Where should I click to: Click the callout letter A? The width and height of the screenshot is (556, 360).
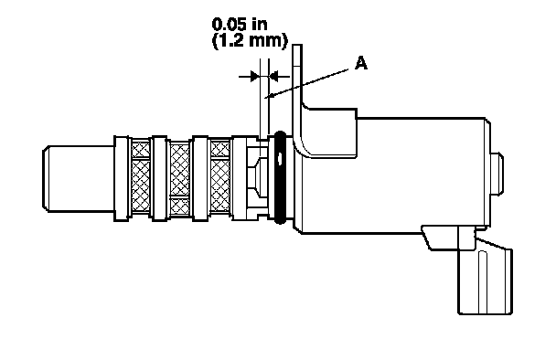click(361, 63)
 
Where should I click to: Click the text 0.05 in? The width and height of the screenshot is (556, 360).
click(240, 25)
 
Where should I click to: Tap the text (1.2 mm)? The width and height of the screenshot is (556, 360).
click(250, 41)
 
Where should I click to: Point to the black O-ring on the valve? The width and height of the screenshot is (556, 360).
click(280, 178)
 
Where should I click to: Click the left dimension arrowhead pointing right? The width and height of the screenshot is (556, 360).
click(254, 76)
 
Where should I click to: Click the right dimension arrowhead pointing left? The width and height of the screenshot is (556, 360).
click(274, 76)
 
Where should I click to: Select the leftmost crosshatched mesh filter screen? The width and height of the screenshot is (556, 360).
click(141, 177)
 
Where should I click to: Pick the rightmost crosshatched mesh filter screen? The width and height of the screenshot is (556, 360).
click(220, 178)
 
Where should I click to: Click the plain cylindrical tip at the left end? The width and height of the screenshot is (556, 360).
click(79, 178)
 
